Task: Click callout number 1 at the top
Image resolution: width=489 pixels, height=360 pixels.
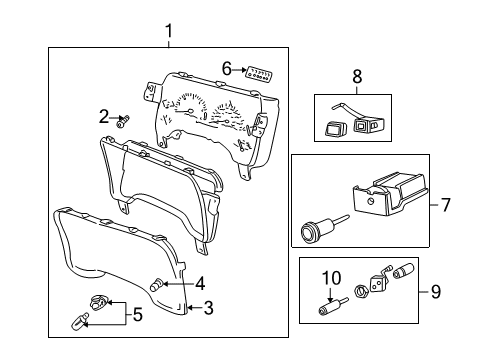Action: [x=168, y=32]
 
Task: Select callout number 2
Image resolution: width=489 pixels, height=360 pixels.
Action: [x=103, y=117]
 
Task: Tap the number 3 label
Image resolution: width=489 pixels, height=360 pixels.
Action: [x=208, y=308]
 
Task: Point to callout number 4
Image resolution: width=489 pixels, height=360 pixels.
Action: [x=200, y=282]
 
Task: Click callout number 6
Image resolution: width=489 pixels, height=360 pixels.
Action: [x=227, y=69]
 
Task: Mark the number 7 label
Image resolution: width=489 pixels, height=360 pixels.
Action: [x=446, y=205]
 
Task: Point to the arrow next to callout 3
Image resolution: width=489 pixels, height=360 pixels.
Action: [x=193, y=308]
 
